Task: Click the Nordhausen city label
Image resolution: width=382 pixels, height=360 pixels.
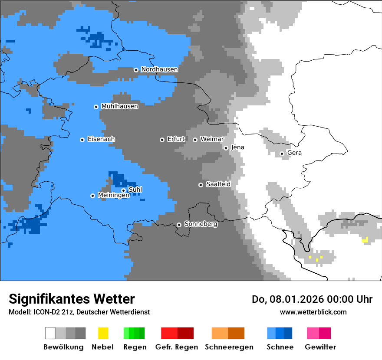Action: pyautogui.click(x=159, y=69)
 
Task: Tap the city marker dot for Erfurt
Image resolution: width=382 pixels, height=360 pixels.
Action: pyautogui.click(x=162, y=140)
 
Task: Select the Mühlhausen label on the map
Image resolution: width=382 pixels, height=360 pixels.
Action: pyautogui.click(x=119, y=106)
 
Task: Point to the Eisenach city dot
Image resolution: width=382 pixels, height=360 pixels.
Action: pyautogui.click(x=82, y=140)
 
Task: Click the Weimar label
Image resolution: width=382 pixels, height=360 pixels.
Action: pyautogui.click(x=212, y=139)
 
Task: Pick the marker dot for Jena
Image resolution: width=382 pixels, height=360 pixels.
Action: pyautogui.click(x=226, y=148)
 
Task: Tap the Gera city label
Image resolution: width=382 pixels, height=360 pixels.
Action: pyautogui.click(x=294, y=153)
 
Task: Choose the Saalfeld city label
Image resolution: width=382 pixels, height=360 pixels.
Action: pyautogui.click(x=218, y=184)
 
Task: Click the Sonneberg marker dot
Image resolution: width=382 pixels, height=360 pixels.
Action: pyautogui.click(x=179, y=225)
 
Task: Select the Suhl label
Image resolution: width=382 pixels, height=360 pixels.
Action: pyautogui.click(x=135, y=190)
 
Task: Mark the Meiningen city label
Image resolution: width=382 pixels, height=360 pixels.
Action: pyautogui.click(x=113, y=196)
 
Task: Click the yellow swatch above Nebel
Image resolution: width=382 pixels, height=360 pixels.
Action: pyautogui.click(x=103, y=333)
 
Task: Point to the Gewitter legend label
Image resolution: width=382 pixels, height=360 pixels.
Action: pyautogui.click(x=320, y=347)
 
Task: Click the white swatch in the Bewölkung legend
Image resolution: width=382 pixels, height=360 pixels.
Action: pyautogui.click(x=50, y=333)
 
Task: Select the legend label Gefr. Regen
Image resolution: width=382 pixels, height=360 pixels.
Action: pyautogui.click(x=176, y=347)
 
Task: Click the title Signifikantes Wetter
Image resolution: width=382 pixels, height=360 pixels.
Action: pyautogui.click(x=72, y=299)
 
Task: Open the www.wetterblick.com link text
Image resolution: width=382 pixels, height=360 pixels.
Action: pyautogui.click(x=313, y=312)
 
